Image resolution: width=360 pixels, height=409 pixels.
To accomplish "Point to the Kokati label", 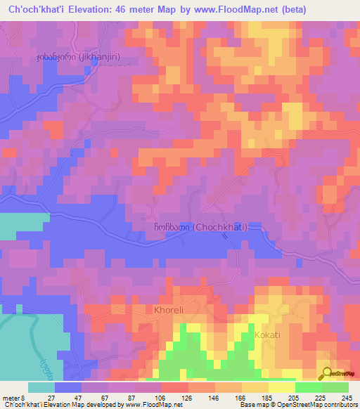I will (267, 335).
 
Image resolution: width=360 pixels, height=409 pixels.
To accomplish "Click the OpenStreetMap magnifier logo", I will (327, 373).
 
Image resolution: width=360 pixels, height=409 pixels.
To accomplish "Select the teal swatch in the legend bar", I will (41, 387).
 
